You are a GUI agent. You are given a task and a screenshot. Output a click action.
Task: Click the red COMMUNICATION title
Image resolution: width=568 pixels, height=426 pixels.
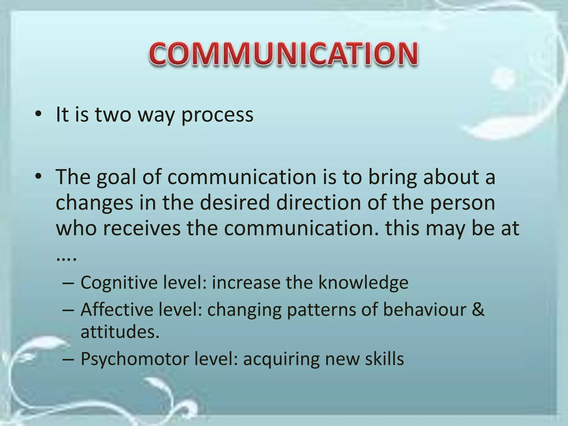[x=283, y=55]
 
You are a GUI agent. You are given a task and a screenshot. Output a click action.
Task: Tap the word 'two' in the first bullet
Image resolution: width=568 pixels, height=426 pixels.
[x=113, y=115]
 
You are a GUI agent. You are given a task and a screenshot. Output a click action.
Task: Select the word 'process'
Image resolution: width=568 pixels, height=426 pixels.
[x=217, y=115]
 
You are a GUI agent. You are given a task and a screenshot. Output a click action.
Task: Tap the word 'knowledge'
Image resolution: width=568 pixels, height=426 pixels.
[x=363, y=283]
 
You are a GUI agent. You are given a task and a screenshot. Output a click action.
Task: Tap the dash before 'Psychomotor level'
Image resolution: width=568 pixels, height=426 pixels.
[x=68, y=359]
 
